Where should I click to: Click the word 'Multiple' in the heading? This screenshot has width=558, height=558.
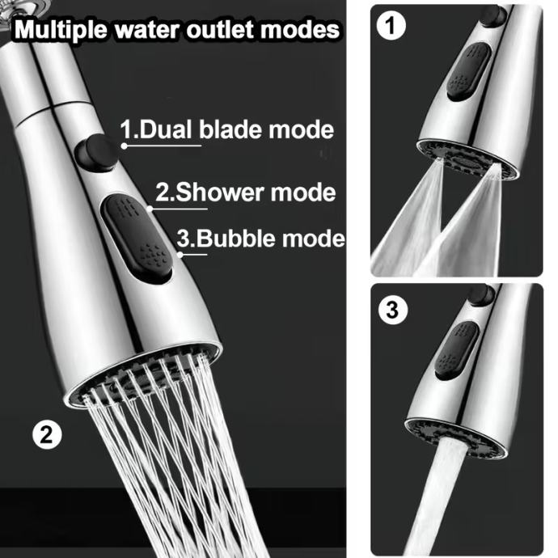(61, 30)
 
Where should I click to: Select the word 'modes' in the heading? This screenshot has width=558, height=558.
(300, 30)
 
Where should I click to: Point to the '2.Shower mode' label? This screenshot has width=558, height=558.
(246, 192)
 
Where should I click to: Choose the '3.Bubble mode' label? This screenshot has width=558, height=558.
(261, 238)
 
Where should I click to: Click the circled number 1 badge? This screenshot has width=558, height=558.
(391, 26)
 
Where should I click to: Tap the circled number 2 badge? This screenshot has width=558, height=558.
(47, 434)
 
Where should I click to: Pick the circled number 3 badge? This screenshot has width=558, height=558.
(392, 310)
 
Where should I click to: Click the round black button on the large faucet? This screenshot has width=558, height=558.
(95, 151)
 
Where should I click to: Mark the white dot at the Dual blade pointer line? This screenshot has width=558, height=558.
(124, 146)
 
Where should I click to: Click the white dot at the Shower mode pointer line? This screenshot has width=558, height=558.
(150, 209)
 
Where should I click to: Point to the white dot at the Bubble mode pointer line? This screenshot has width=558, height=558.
(180, 255)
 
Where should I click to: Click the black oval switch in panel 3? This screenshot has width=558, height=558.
(456, 350)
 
